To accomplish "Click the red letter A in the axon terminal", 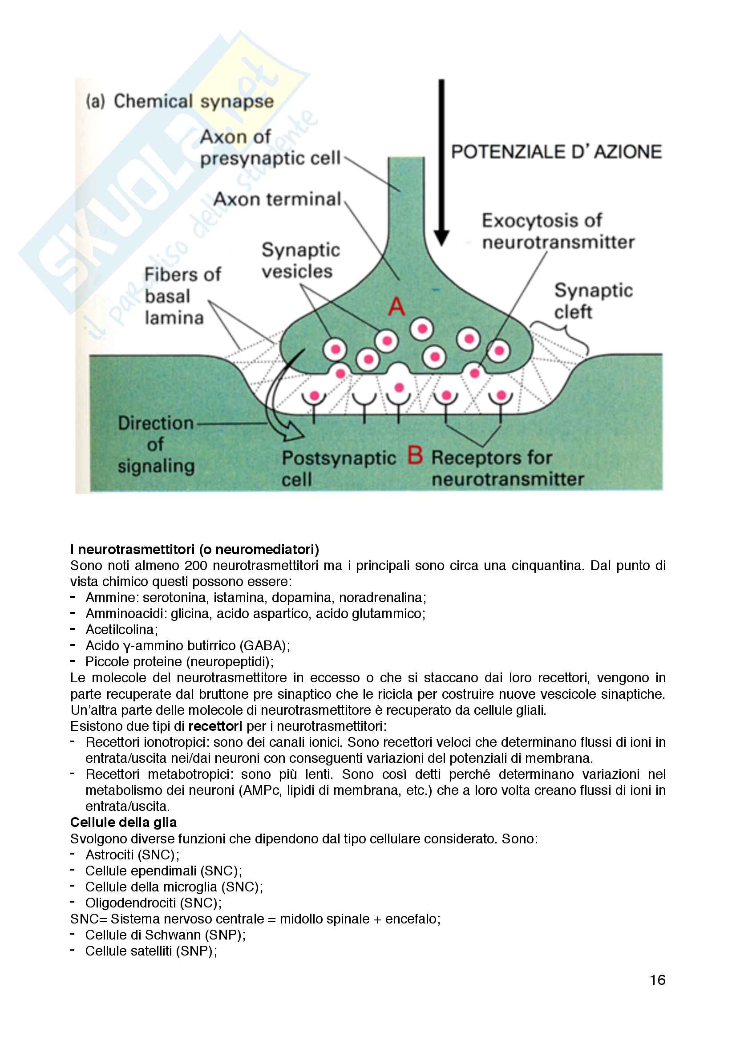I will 396,307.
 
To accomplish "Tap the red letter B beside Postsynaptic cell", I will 415,455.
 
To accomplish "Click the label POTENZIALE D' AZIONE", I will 556,151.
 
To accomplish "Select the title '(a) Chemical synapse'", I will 180,101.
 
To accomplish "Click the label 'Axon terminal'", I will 277,199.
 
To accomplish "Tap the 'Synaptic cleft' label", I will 593,301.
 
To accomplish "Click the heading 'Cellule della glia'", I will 123,822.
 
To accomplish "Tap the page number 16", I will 657,980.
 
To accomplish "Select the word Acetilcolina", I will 120,629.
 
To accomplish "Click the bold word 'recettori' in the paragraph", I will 215,726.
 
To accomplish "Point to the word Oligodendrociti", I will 130,903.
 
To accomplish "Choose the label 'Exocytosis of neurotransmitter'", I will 558,231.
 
